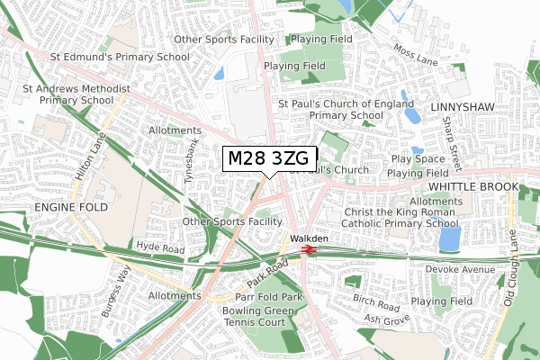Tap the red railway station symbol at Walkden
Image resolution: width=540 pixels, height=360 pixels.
[307, 249]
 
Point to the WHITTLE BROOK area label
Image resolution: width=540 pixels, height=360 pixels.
[473, 186]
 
